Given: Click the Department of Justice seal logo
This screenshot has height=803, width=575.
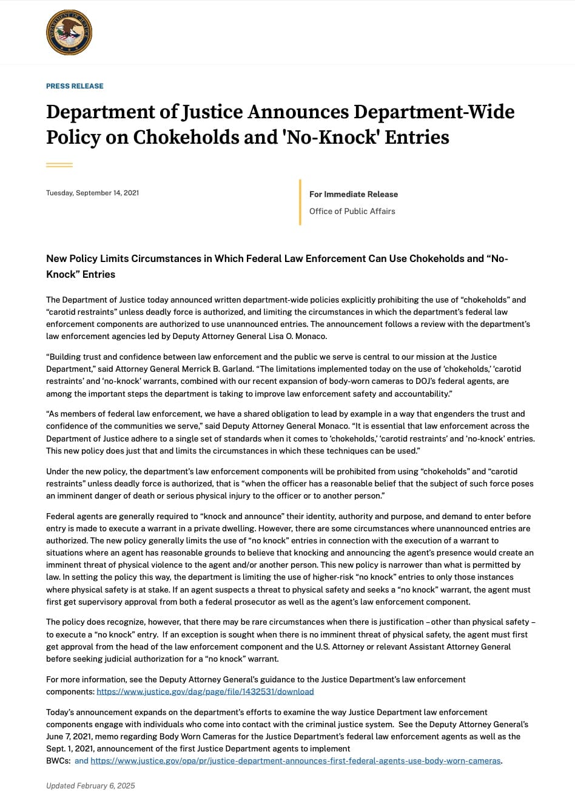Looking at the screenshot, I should pyautogui.click(x=69, y=32).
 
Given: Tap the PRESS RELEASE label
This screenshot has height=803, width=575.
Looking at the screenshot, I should pyautogui.click(x=75, y=86).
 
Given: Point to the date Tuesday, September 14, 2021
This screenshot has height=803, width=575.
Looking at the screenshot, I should pyautogui.click(x=92, y=193).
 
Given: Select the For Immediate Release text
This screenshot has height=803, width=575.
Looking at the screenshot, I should pyautogui.click(x=354, y=194).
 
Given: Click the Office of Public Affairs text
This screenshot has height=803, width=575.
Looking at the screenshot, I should pyautogui.click(x=352, y=211).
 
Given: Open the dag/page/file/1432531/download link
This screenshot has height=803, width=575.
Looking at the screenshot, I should pyautogui.click(x=205, y=691).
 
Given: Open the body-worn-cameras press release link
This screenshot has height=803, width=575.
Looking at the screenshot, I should pyautogui.click(x=296, y=761).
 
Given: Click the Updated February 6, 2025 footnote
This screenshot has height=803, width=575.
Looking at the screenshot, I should pyautogui.click(x=90, y=785).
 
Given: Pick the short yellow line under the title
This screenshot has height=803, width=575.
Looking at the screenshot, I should pyautogui.click(x=59, y=164).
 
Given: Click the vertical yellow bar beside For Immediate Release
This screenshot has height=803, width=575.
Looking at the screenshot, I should pyautogui.click(x=300, y=203).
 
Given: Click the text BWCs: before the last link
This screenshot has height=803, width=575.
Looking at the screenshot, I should pyautogui.click(x=58, y=761).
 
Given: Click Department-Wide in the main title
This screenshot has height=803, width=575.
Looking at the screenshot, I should pyautogui.click(x=434, y=112).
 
